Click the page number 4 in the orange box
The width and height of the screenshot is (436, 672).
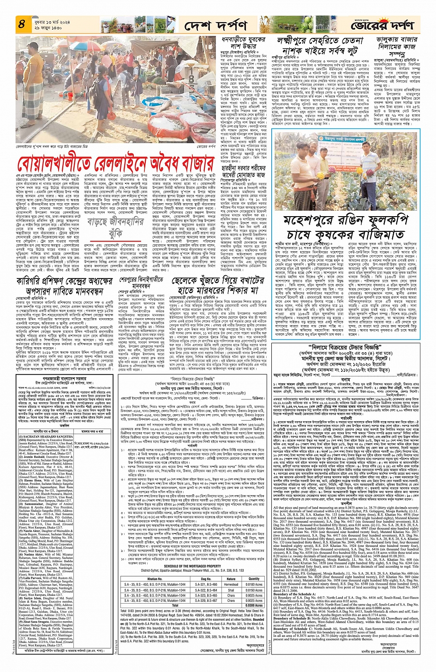click(x=22, y=24)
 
